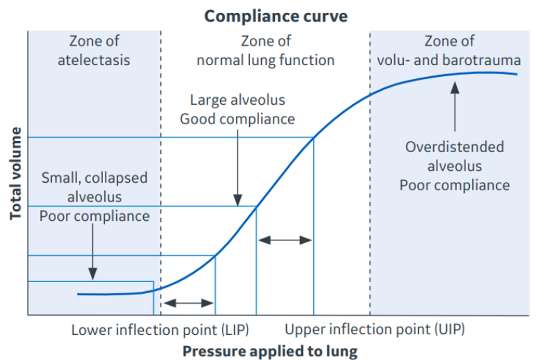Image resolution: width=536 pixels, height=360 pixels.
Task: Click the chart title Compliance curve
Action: (x=276, y=17)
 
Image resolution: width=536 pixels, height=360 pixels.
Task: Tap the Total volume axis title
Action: (x=16, y=173)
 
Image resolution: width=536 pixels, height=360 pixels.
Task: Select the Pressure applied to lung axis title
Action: (x=270, y=351)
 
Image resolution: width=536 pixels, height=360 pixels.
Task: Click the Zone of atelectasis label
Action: (x=94, y=50)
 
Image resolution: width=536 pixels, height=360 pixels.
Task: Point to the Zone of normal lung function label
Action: (x=265, y=50)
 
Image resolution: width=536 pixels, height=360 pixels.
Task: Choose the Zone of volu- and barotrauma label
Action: (x=449, y=50)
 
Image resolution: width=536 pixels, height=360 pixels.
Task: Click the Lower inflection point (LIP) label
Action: (x=160, y=331)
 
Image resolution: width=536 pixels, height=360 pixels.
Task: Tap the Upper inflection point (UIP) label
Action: (x=375, y=331)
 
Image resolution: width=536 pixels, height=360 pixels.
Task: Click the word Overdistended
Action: (x=455, y=147)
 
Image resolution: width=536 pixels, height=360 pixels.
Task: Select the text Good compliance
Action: (x=238, y=119)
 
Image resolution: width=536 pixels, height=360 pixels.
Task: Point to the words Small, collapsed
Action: (x=94, y=178)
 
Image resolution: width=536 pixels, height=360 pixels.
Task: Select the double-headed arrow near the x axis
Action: (x=188, y=303)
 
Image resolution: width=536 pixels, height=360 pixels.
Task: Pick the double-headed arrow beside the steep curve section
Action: (x=285, y=240)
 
